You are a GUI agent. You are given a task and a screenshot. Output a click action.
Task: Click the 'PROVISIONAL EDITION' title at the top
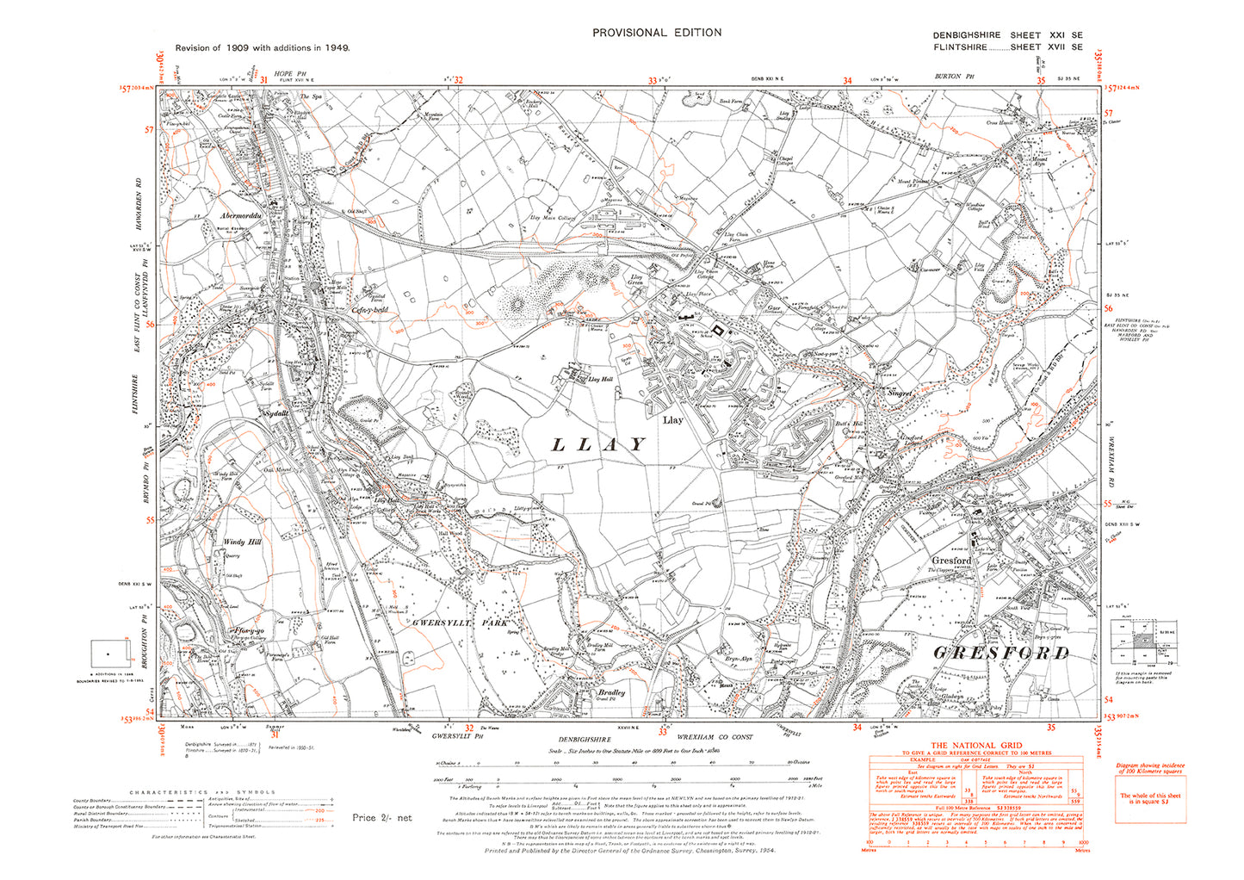tap(656, 33)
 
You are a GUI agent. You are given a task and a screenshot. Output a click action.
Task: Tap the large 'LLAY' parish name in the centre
tap(597, 444)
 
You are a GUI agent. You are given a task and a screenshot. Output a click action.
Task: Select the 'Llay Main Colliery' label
tap(553, 218)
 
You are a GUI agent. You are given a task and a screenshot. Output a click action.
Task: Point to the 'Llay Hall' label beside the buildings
tap(599, 379)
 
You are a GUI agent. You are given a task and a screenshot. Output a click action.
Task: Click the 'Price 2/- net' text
tap(381, 817)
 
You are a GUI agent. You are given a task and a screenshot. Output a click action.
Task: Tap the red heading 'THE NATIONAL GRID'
tap(975, 746)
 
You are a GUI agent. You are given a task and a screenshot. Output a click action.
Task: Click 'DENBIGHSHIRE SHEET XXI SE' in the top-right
tap(1007, 35)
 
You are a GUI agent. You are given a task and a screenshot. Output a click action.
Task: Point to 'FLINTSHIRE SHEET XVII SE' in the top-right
tap(1007, 47)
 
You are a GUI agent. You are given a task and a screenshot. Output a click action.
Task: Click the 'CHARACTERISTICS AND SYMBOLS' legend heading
tap(202, 792)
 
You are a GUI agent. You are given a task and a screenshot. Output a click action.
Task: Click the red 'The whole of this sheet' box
tap(1150, 799)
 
